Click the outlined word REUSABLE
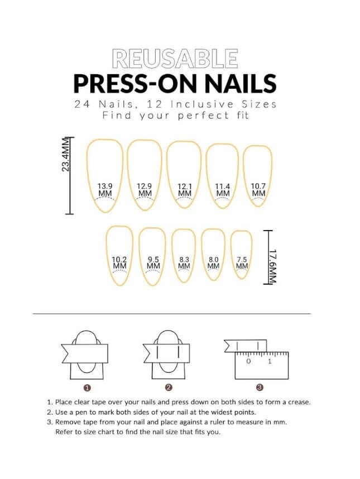tap(175, 59)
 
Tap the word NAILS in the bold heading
tap(241, 83)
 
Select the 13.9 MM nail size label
tap(105, 190)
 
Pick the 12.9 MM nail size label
tap(144, 190)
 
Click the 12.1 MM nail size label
tap(184, 190)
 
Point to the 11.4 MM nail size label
tap(223, 190)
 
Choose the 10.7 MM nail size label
tap(258, 190)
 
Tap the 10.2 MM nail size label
tap(119, 262)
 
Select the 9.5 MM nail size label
tap(153, 262)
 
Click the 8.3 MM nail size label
tap(184, 263)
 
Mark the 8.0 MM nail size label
tap(213, 263)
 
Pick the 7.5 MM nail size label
tap(242, 263)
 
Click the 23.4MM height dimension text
tap(66, 155)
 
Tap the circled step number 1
tap(87, 387)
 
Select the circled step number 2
tap(169, 387)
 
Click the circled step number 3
tap(260, 387)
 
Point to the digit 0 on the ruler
tap(248, 361)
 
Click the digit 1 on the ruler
tap(270, 361)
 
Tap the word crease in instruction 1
tap(299, 402)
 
